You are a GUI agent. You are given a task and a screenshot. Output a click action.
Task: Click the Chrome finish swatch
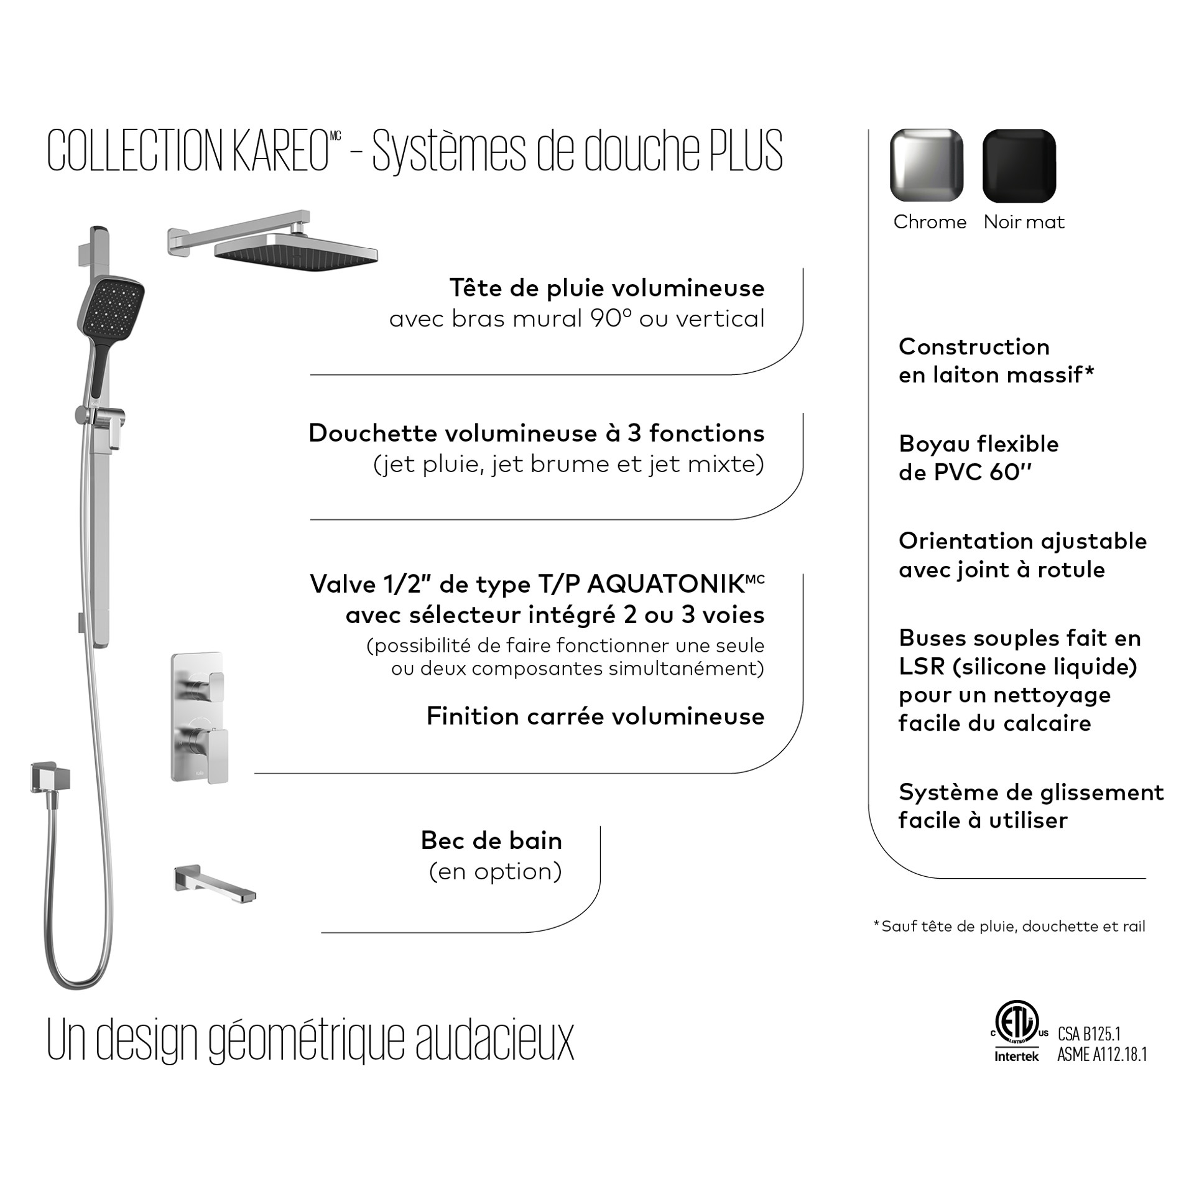[x=927, y=165]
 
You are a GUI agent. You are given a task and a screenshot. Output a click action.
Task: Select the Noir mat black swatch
[x=1019, y=165]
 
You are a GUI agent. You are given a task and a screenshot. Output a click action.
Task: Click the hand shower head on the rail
[x=111, y=305]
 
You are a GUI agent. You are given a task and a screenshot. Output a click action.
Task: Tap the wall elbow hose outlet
[x=50, y=777]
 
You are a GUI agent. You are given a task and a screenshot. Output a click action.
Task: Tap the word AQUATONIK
[x=665, y=585]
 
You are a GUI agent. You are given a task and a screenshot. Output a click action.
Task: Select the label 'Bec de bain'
[x=491, y=841]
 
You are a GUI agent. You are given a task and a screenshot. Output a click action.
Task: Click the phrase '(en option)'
[x=496, y=871]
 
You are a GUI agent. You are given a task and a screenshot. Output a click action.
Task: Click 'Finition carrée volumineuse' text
[x=595, y=716]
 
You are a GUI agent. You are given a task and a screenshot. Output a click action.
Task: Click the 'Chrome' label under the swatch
[x=930, y=222]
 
